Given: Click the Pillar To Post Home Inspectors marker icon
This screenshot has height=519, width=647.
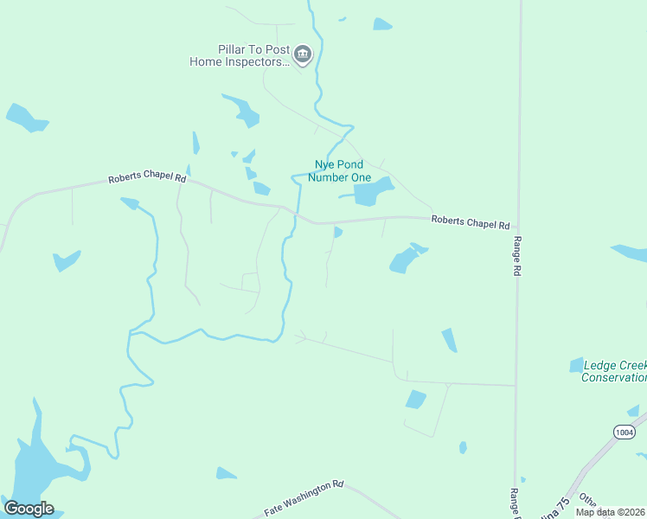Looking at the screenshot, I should pos(302,56).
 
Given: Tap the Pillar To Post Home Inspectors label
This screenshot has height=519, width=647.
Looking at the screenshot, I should pos(240,56).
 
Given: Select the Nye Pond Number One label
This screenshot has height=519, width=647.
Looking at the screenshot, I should pos(339,170).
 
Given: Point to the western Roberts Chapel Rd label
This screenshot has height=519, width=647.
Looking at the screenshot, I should pos(147,178).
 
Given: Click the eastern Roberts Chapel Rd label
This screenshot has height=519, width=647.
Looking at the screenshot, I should pos(471,222).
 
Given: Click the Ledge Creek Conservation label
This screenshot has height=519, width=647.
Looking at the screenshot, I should pos(615,371).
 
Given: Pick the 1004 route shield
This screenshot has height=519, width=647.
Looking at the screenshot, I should pos(624,432).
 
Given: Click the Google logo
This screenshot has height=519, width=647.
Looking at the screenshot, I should pos(29,509).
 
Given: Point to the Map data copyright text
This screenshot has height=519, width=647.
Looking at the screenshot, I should pos(610,512).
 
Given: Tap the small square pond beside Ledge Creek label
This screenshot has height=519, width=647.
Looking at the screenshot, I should pos(576,365).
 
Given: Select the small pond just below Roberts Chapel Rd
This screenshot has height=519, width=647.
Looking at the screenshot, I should pos(337,232).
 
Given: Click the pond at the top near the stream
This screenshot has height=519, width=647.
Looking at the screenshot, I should pos(381,24).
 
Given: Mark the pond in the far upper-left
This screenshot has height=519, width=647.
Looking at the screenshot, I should pos(26,118).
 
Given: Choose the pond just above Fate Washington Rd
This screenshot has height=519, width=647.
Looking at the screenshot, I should pos(225,473).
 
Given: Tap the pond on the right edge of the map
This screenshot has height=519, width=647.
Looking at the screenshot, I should pos(630,253).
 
